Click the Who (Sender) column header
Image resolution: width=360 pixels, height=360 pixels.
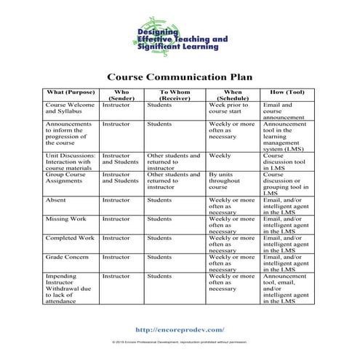(x=121, y=95)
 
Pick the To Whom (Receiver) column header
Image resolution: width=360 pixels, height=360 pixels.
(x=175, y=95)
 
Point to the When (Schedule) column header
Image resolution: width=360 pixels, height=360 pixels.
(x=232, y=95)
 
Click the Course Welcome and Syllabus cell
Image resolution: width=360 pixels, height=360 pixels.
(x=70, y=108)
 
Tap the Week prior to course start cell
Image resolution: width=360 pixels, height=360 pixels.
(x=229, y=108)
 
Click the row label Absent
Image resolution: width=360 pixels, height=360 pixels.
(x=55, y=199)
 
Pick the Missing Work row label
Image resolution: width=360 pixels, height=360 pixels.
(x=65, y=218)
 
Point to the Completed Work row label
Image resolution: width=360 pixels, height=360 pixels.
(x=70, y=237)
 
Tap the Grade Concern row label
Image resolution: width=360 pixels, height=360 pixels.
(x=68, y=257)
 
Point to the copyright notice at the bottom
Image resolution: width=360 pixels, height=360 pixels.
(x=180, y=341)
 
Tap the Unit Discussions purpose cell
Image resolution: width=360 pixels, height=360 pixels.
(x=70, y=161)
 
